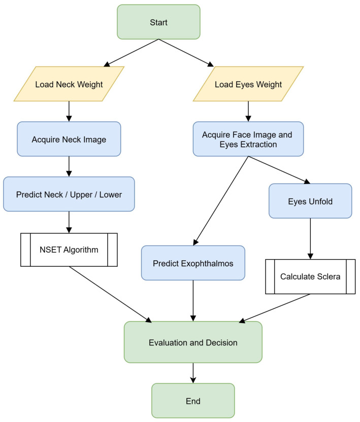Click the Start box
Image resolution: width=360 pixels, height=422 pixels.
pos(158,22)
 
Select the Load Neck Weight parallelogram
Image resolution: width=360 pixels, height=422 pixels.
pos(69,84)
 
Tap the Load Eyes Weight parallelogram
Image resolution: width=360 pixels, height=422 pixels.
pos(248,84)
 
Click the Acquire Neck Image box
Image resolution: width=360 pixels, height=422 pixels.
pos(69,139)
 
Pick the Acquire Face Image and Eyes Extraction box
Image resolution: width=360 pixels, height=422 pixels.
pos(248,139)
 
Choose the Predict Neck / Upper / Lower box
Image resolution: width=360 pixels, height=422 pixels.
pos(69,194)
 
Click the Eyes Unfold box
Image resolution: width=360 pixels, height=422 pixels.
pos(310,201)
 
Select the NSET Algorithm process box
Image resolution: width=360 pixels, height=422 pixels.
pos(69,250)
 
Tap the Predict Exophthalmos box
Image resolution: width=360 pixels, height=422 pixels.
pos(193,263)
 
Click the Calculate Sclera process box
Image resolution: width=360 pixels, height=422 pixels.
pos(310,276)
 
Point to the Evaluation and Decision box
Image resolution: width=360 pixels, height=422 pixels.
pos(193,342)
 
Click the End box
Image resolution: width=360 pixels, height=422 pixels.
pos(193,401)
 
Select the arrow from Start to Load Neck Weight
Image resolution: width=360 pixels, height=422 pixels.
pos(131,53)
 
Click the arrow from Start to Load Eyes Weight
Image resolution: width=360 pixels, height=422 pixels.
pos(186,53)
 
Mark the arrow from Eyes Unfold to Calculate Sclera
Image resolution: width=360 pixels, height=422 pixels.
pos(310,239)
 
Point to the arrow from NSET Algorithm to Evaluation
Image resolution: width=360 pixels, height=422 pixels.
pos(111,294)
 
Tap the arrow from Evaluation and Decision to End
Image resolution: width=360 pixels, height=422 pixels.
pos(193,373)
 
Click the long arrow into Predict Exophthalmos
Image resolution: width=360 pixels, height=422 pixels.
pos(221,201)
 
